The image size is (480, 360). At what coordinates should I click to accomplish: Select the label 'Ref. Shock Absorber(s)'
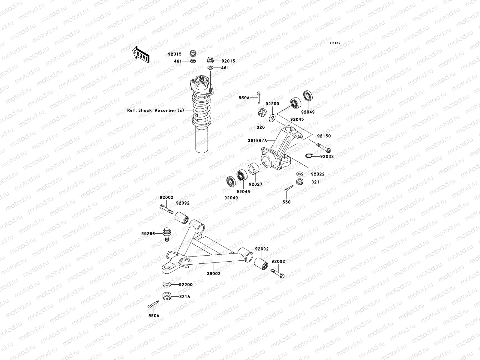(x=156, y=110)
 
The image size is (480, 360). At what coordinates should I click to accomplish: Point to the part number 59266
(x=148, y=234)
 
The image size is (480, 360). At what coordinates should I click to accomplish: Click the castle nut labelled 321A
(x=166, y=296)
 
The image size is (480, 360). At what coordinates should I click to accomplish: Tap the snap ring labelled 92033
(x=309, y=155)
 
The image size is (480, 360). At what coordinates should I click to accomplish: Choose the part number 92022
(x=318, y=174)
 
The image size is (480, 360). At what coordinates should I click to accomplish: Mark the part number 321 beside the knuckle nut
(x=315, y=182)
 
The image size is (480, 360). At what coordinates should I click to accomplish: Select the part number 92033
(x=327, y=157)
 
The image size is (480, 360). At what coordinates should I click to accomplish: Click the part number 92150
(x=324, y=136)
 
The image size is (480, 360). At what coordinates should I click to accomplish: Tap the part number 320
(x=260, y=127)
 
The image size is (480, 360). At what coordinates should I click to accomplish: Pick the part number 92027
(x=255, y=184)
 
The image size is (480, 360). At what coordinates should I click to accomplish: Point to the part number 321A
(x=184, y=297)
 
